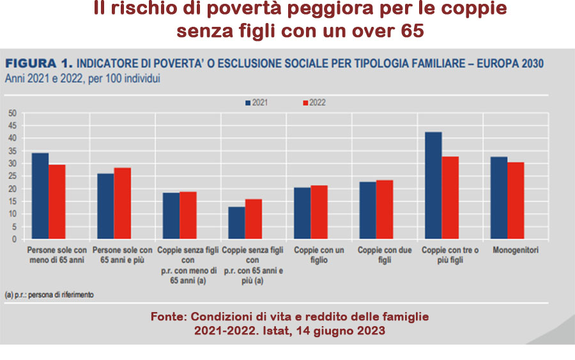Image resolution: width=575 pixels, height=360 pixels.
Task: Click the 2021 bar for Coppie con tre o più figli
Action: tap(433, 185)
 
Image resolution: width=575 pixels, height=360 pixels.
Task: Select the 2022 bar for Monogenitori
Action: tap(516, 200)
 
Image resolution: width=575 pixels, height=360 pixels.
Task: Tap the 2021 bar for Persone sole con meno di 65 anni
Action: tap(40, 196)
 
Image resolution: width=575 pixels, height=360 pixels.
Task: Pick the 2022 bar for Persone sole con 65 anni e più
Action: tap(122, 203)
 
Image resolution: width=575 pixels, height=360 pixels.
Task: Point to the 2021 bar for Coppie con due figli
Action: tap(367, 210)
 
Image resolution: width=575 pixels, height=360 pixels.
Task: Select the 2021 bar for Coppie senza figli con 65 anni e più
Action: tap(236, 223)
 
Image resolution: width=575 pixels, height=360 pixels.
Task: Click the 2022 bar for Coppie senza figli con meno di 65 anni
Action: tap(188, 215)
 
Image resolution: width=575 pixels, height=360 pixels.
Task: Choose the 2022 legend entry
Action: tap(313, 102)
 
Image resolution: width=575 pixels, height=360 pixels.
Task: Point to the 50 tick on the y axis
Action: tap(12, 113)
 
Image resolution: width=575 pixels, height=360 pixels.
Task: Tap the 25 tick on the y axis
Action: tap(12, 176)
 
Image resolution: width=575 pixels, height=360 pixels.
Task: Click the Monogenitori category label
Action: tap(516, 250)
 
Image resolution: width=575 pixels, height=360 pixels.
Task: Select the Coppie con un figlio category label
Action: tap(319, 254)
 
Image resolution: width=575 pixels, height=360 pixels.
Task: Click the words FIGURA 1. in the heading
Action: tap(38, 64)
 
